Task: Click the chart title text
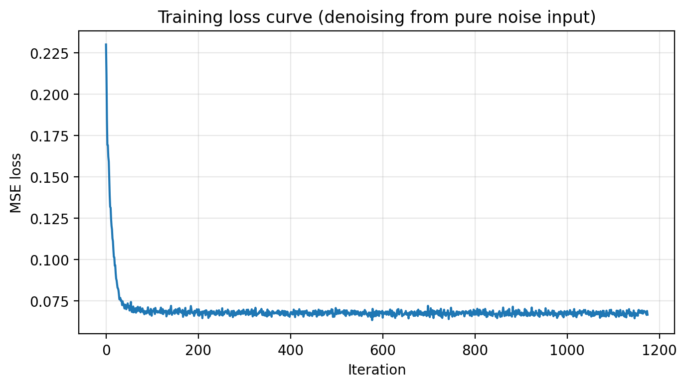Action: point(376,17)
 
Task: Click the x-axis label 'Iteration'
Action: point(376,370)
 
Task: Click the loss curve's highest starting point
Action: point(106,45)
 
